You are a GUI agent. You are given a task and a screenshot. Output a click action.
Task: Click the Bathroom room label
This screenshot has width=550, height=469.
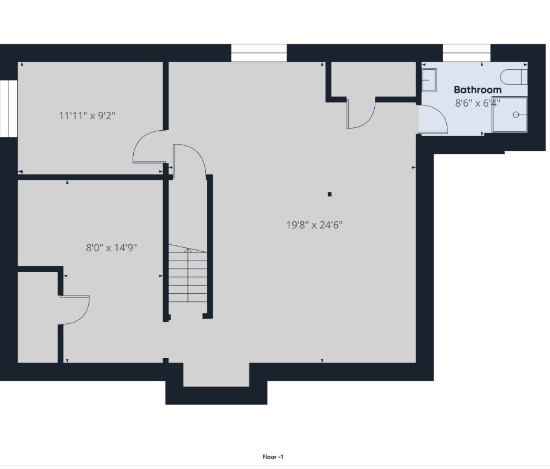point(477,90)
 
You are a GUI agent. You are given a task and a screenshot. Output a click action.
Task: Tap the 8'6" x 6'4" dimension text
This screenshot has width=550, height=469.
point(477,103)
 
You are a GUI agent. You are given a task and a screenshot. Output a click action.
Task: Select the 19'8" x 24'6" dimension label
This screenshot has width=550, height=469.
point(314,225)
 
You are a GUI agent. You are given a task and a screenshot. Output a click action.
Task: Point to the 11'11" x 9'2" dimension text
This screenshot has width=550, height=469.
point(87,115)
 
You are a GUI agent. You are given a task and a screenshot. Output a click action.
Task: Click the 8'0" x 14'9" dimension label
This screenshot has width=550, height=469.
point(111,248)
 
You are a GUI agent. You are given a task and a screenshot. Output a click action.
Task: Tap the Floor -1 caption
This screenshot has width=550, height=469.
point(273,457)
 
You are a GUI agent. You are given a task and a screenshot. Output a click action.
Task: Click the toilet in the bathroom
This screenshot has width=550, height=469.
point(514,77)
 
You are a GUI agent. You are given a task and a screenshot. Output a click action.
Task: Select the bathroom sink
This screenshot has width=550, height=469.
point(429,80)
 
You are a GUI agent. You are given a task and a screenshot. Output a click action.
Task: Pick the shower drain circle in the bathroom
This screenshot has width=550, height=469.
point(515,115)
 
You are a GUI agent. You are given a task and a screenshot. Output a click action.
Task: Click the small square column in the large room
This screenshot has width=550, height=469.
point(329,194)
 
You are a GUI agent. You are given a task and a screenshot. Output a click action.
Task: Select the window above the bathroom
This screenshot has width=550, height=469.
point(466,53)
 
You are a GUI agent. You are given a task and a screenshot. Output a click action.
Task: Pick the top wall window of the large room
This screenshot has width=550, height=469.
point(259,53)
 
